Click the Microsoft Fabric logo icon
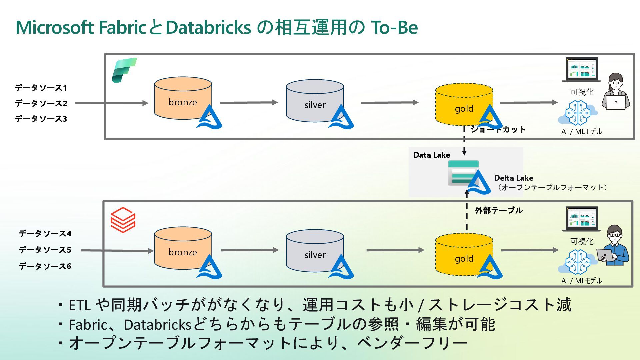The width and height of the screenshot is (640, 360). [x=124, y=70]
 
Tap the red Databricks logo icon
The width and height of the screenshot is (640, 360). [x=123, y=220]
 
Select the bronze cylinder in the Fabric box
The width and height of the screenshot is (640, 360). [x=183, y=98]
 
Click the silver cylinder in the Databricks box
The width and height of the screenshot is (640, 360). [x=315, y=250]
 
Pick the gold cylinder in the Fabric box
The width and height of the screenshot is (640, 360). [x=464, y=104]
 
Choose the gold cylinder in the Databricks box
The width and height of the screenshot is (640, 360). [x=464, y=254]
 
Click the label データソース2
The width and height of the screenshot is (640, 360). [x=41, y=103]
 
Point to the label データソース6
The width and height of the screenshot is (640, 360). [x=45, y=266]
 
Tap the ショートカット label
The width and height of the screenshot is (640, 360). [x=498, y=129]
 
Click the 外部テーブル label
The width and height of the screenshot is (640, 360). [x=499, y=210]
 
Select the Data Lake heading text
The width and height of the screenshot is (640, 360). [x=432, y=155]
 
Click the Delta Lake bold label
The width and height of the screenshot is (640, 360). [x=514, y=178]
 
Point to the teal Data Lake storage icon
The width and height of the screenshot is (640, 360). [x=463, y=173]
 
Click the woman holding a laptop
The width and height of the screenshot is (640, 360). [x=616, y=91]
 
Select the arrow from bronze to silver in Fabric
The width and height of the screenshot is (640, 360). [x=249, y=102]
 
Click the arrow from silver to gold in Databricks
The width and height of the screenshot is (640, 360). [x=395, y=250]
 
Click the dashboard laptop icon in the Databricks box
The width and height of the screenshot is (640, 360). [x=581, y=219]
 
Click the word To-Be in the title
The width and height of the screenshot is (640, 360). [x=394, y=27]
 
